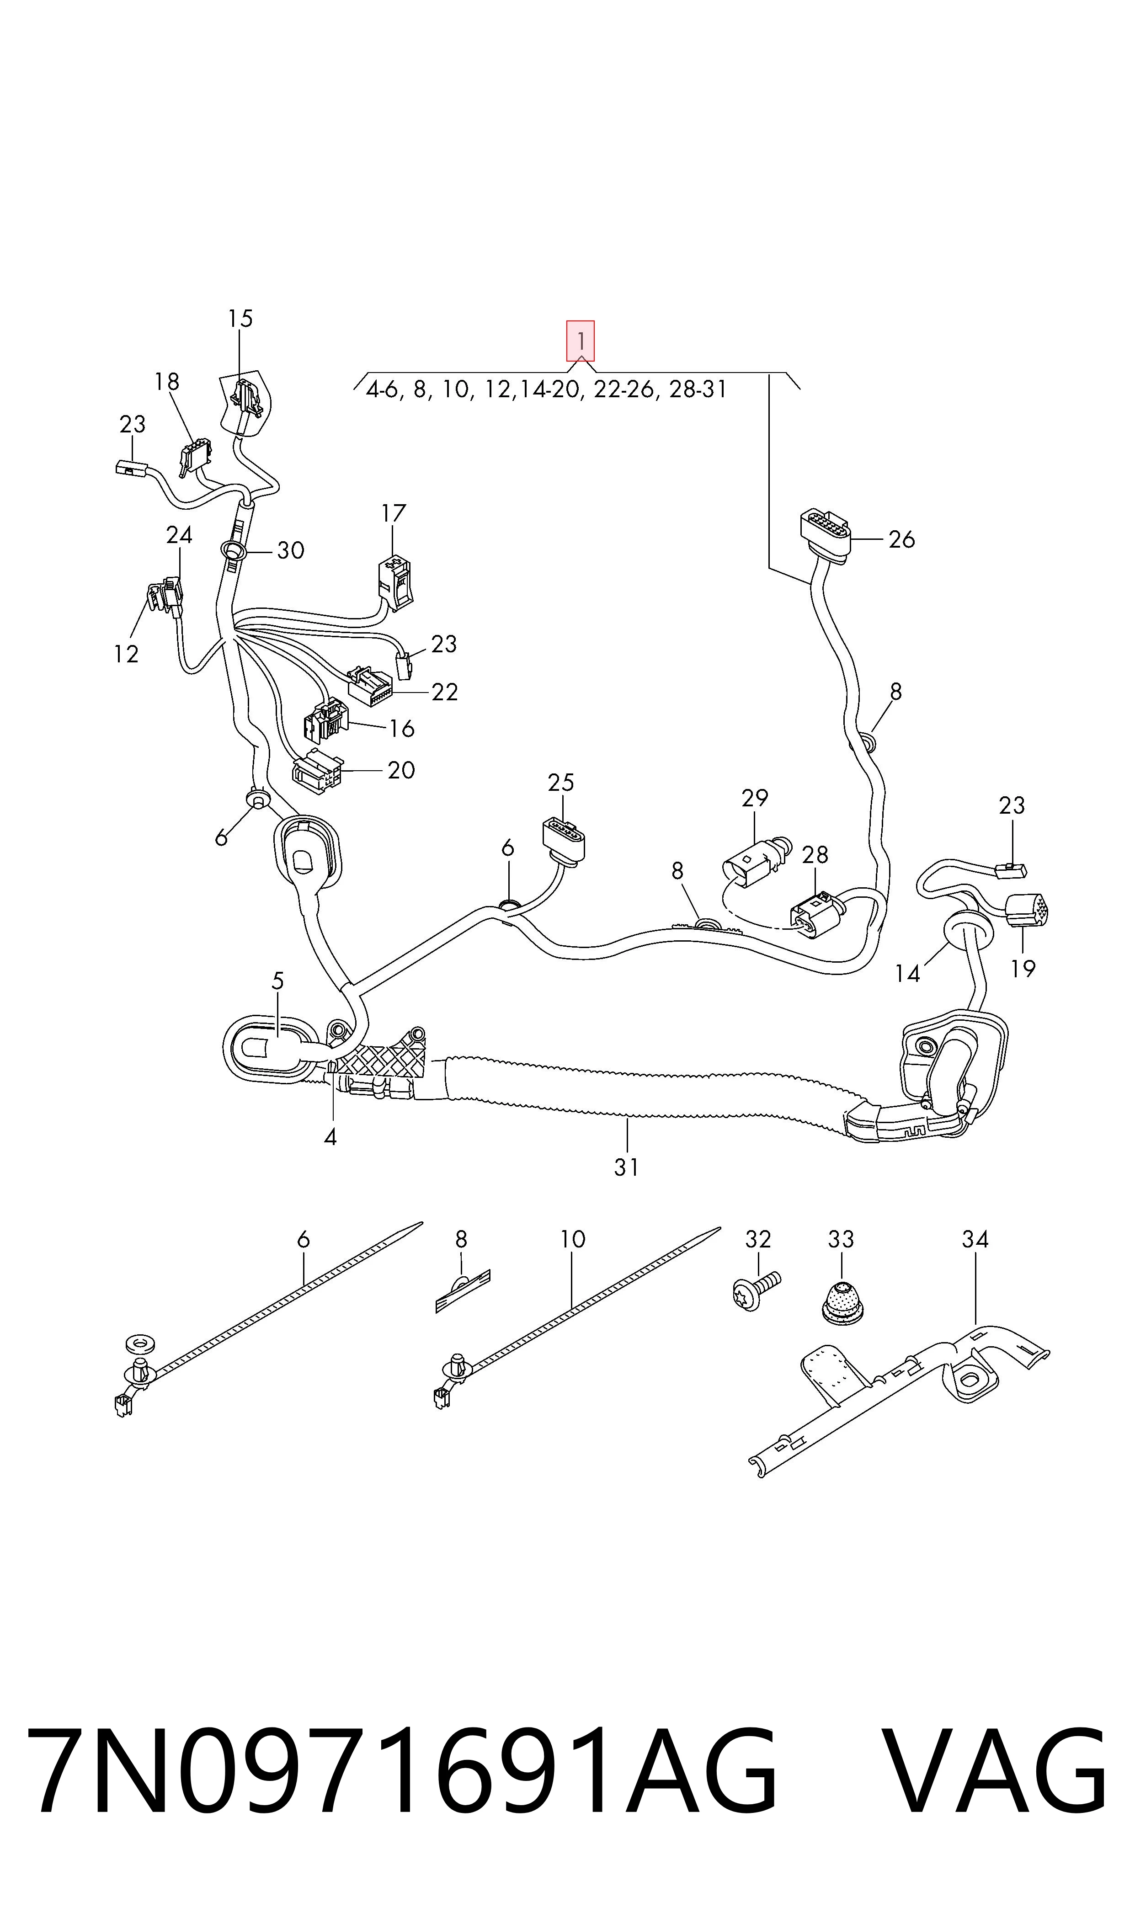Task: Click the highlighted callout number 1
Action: (x=581, y=341)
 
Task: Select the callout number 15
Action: (x=240, y=318)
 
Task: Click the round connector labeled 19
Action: (x=1028, y=910)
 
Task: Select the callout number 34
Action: (x=975, y=1239)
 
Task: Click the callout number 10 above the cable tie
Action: (x=573, y=1239)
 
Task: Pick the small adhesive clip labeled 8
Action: (x=462, y=1292)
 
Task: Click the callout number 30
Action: (x=291, y=550)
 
